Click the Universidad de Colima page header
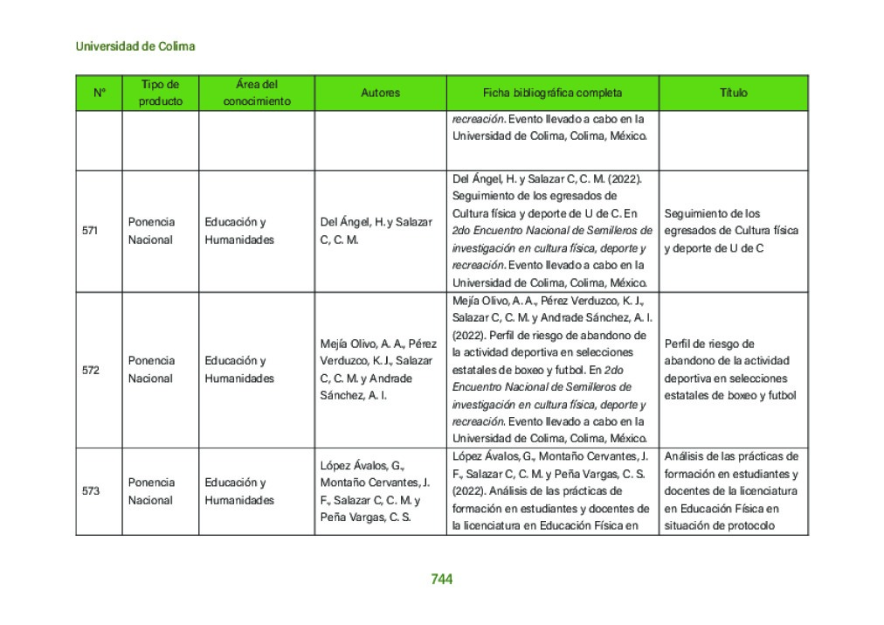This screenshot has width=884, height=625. click(x=135, y=46)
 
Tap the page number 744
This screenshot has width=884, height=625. click(x=442, y=579)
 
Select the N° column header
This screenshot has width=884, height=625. click(x=99, y=93)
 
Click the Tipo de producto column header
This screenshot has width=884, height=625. click(x=161, y=93)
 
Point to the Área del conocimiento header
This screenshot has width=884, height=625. click(x=257, y=93)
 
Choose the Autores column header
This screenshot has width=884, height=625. click(x=380, y=93)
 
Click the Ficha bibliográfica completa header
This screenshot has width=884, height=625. click(x=553, y=93)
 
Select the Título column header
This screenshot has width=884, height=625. click(x=734, y=93)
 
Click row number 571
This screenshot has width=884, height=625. click(x=90, y=231)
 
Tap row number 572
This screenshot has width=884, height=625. click(x=90, y=370)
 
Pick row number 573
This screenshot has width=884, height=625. click(x=90, y=491)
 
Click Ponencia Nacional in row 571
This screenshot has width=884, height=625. click(x=151, y=231)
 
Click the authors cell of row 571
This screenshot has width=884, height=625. click(x=376, y=231)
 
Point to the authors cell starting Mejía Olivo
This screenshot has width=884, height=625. click(x=378, y=370)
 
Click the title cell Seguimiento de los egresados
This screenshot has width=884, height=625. click(x=731, y=231)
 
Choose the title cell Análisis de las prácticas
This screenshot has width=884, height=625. click(x=731, y=491)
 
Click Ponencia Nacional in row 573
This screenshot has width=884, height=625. click(x=151, y=491)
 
